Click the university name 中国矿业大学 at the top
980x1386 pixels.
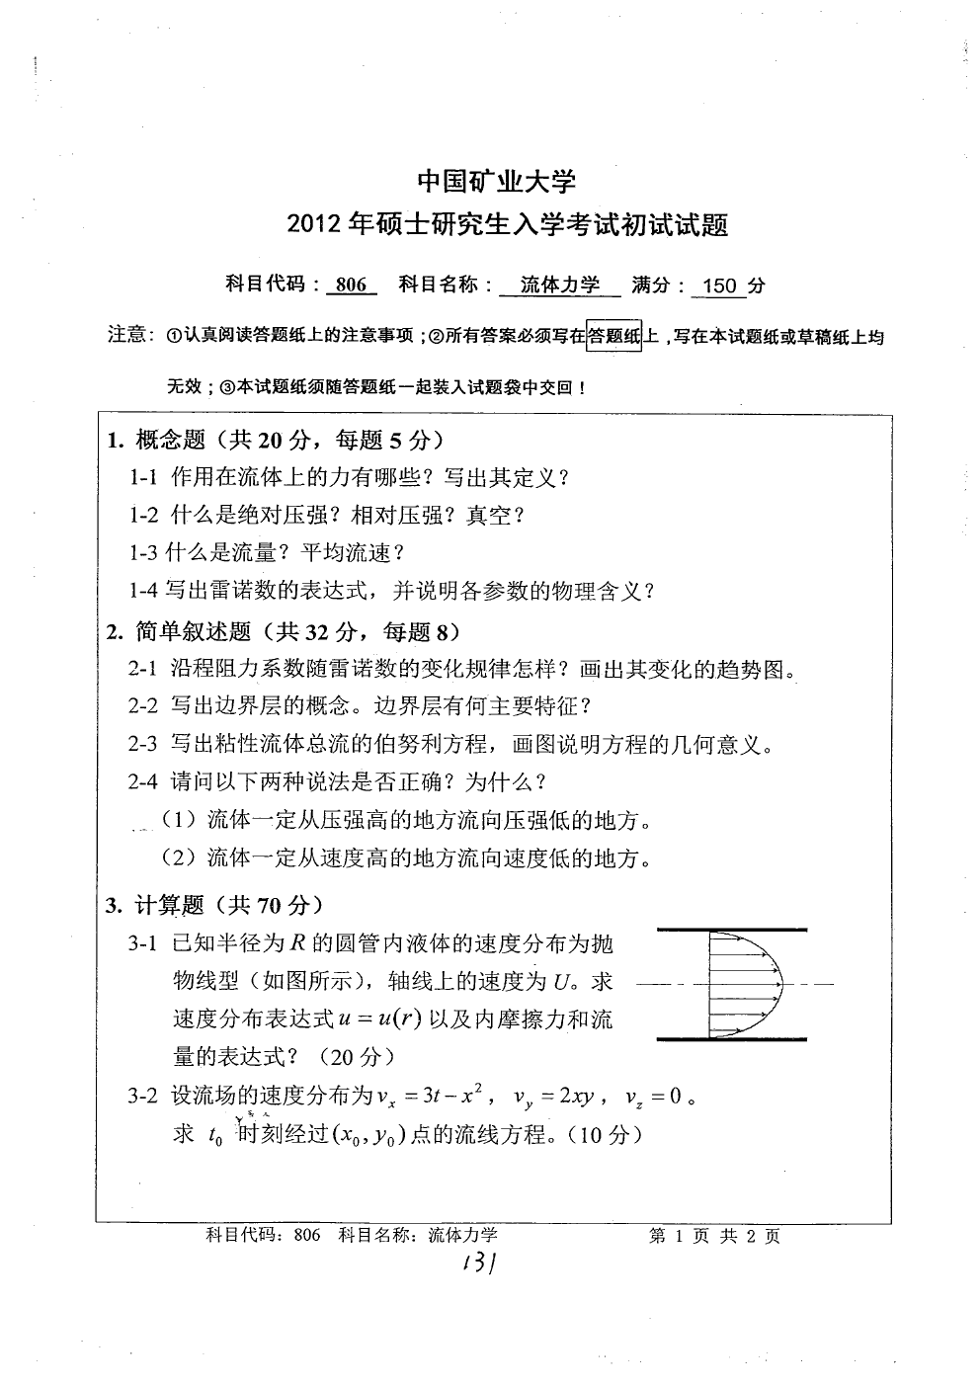pyautogui.click(x=496, y=181)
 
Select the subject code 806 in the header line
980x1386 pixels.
pyautogui.click(x=351, y=285)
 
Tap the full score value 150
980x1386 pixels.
pyautogui.click(x=720, y=286)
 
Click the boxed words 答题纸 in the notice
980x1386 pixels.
pyautogui.click(x=613, y=337)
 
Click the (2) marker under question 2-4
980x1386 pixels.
pyautogui.click(x=179, y=857)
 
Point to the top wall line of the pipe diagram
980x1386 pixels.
pyautogui.click(x=731, y=930)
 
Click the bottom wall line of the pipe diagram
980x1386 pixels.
pyautogui.click(x=731, y=1039)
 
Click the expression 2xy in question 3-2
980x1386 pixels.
pyautogui.click(x=574, y=1097)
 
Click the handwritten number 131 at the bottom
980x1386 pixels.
pyautogui.click(x=475, y=1264)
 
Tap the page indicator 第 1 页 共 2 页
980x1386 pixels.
pyautogui.click(x=714, y=1236)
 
